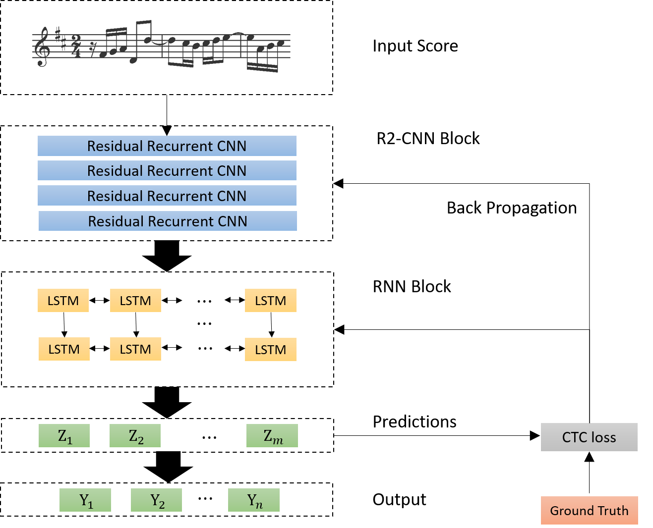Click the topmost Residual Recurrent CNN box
(x=167, y=146)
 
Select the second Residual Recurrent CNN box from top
(x=167, y=170)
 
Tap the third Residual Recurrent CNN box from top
(x=167, y=196)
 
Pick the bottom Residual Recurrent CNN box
(x=168, y=221)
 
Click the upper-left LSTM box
(x=63, y=301)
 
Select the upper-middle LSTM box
(x=135, y=301)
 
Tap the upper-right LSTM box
(x=270, y=301)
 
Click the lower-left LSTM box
(x=64, y=349)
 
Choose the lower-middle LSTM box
(x=135, y=349)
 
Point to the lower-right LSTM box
(x=270, y=350)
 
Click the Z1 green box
(x=64, y=436)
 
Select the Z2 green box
(x=135, y=436)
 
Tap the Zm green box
(x=272, y=436)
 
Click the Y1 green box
(x=85, y=500)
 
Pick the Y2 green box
(x=156, y=500)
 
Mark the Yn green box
(x=254, y=500)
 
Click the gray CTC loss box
(x=589, y=437)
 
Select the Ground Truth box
(x=589, y=511)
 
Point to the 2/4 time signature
(x=76, y=46)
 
